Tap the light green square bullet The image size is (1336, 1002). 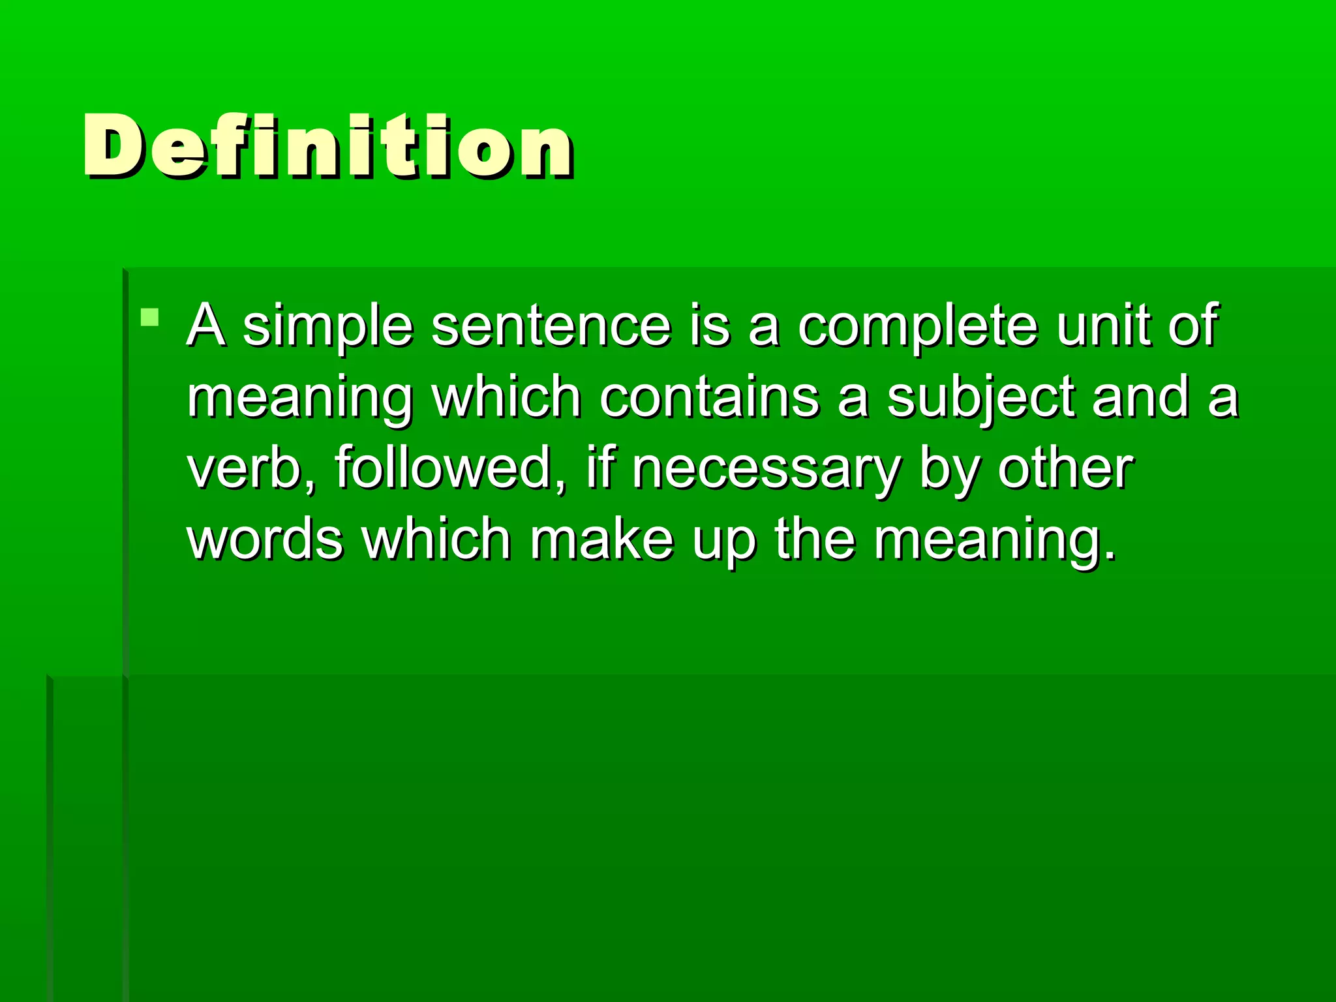coord(149,318)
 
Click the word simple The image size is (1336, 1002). coord(327,327)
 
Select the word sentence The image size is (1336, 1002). coord(551,326)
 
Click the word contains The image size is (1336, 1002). coord(709,397)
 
